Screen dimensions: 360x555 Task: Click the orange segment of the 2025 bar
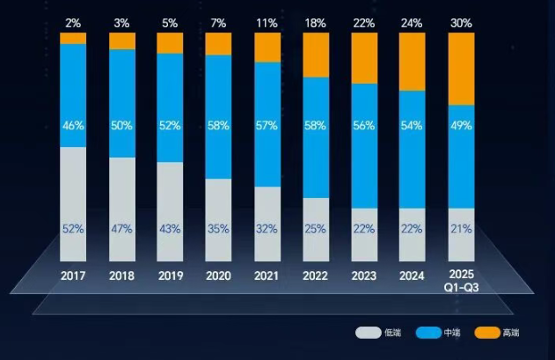click(x=461, y=69)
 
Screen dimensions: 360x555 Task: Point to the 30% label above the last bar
click(x=461, y=23)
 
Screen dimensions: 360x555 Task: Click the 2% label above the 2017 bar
click(x=73, y=23)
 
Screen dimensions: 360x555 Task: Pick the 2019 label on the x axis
click(x=170, y=275)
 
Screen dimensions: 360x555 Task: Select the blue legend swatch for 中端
click(x=427, y=333)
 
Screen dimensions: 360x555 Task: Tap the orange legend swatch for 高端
click(x=486, y=333)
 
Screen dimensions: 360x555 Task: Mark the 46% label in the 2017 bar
click(x=73, y=125)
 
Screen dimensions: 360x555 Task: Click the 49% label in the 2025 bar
click(x=461, y=125)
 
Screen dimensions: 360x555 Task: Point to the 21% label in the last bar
click(x=461, y=229)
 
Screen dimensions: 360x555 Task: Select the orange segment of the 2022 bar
click(x=315, y=55)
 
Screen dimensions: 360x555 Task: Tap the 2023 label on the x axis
click(x=363, y=275)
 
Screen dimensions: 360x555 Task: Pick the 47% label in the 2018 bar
click(x=121, y=229)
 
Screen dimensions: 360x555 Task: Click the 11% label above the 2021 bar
click(x=267, y=23)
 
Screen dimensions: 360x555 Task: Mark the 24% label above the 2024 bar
click(x=412, y=23)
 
